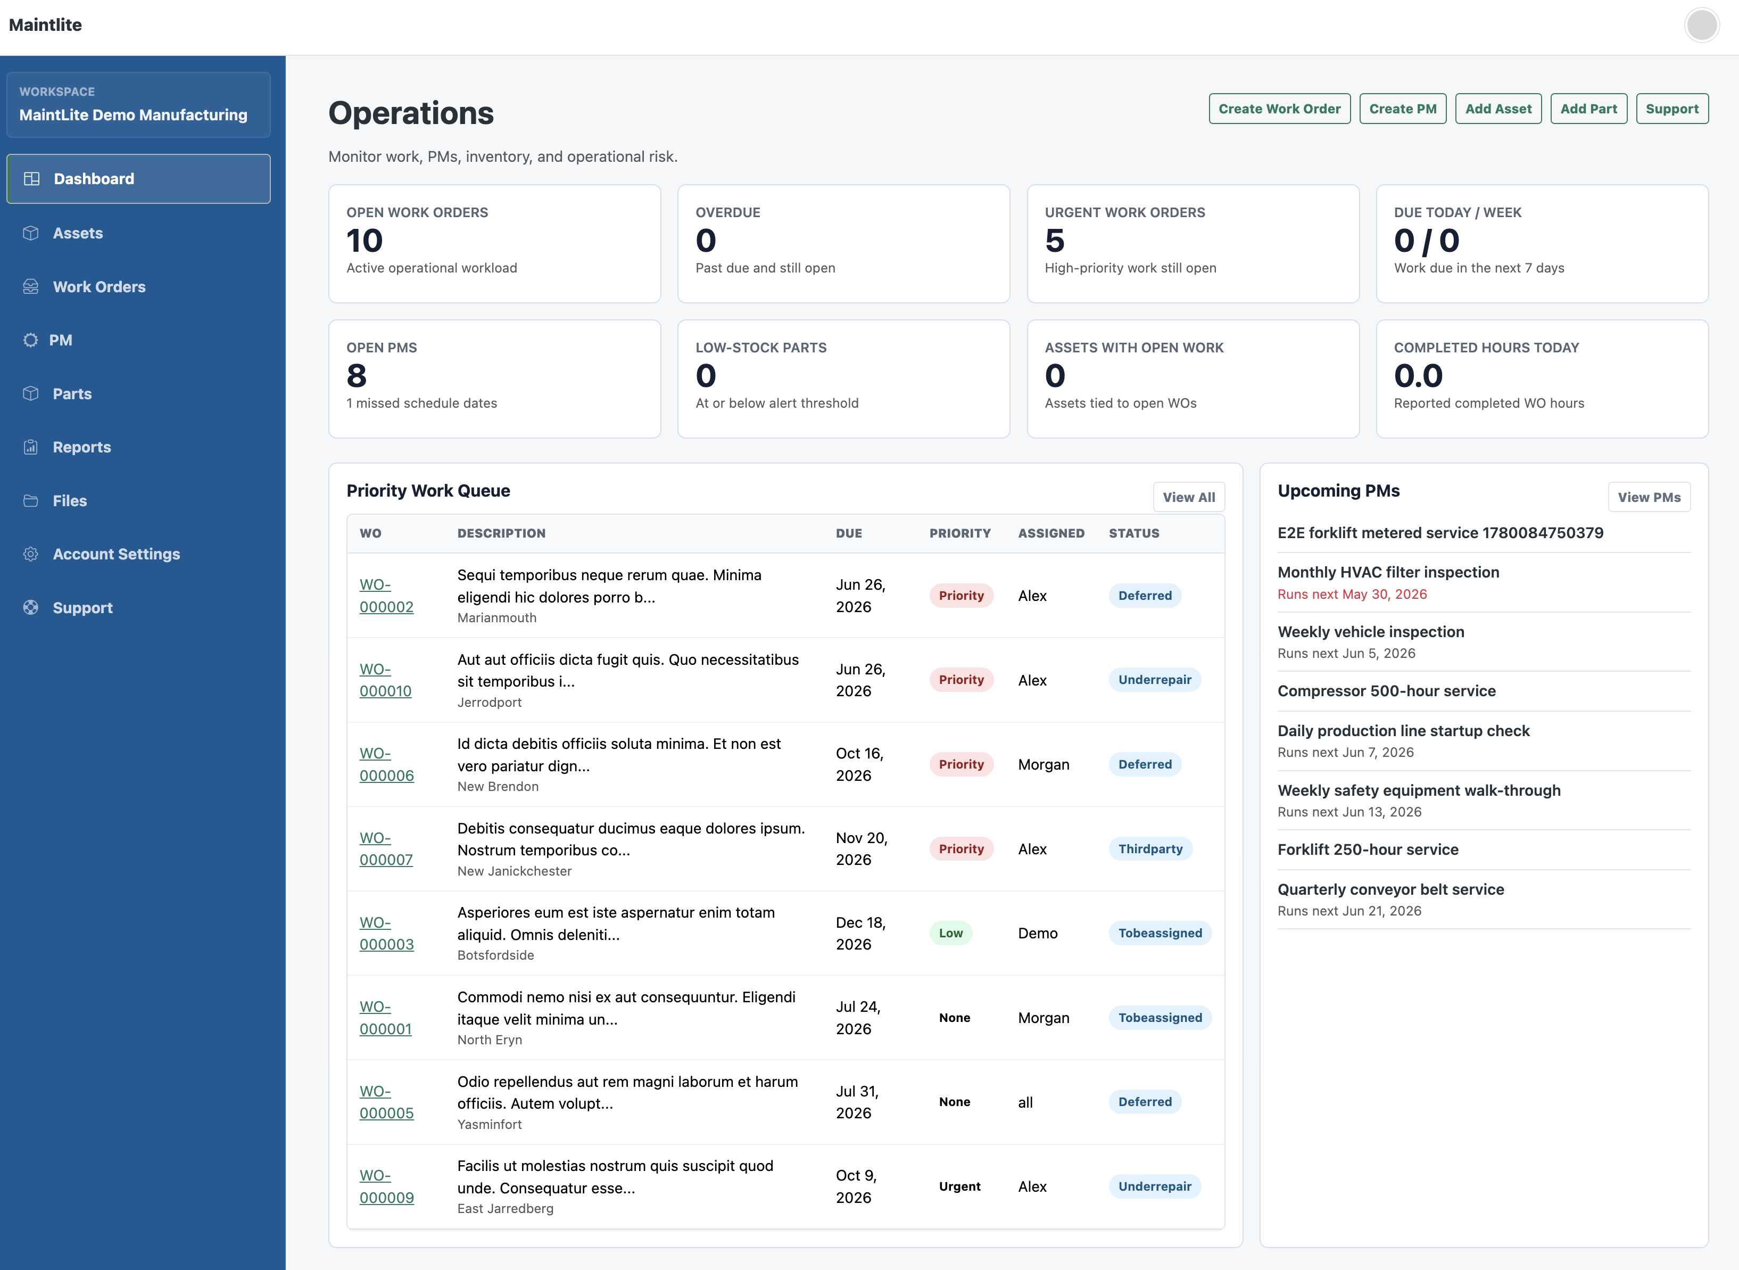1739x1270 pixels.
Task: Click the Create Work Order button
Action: pyautogui.click(x=1279, y=109)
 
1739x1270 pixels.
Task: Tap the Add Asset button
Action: pyautogui.click(x=1498, y=109)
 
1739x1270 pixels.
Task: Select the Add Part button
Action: pyautogui.click(x=1588, y=109)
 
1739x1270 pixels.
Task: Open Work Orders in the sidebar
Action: pyautogui.click(x=99, y=287)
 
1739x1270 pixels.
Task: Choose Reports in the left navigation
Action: pyautogui.click(x=81, y=448)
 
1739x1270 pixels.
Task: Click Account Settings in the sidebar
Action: pyautogui.click(x=116, y=554)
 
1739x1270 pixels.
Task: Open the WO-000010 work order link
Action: pyautogui.click(x=386, y=680)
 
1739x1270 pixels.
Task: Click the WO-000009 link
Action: pyautogui.click(x=386, y=1186)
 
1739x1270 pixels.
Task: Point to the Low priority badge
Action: pyautogui.click(x=950, y=933)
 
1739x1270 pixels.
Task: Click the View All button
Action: pyautogui.click(x=1189, y=497)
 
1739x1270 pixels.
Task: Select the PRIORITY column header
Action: pyautogui.click(x=960, y=533)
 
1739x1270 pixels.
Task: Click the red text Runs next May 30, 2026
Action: pyautogui.click(x=1352, y=594)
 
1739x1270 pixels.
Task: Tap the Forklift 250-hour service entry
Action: pyautogui.click(x=1368, y=850)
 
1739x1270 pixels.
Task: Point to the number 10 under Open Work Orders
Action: pyautogui.click(x=365, y=241)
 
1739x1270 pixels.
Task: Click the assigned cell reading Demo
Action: pyautogui.click(x=1038, y=933)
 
